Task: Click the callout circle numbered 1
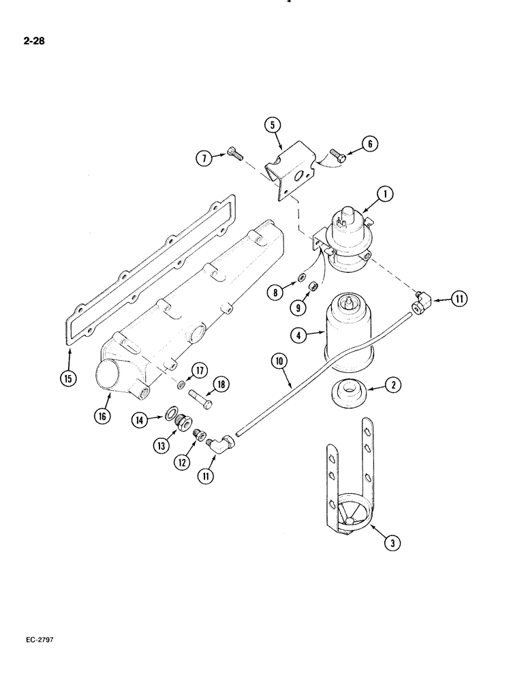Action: click(385, 195)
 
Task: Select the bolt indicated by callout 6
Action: click(337, 155)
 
